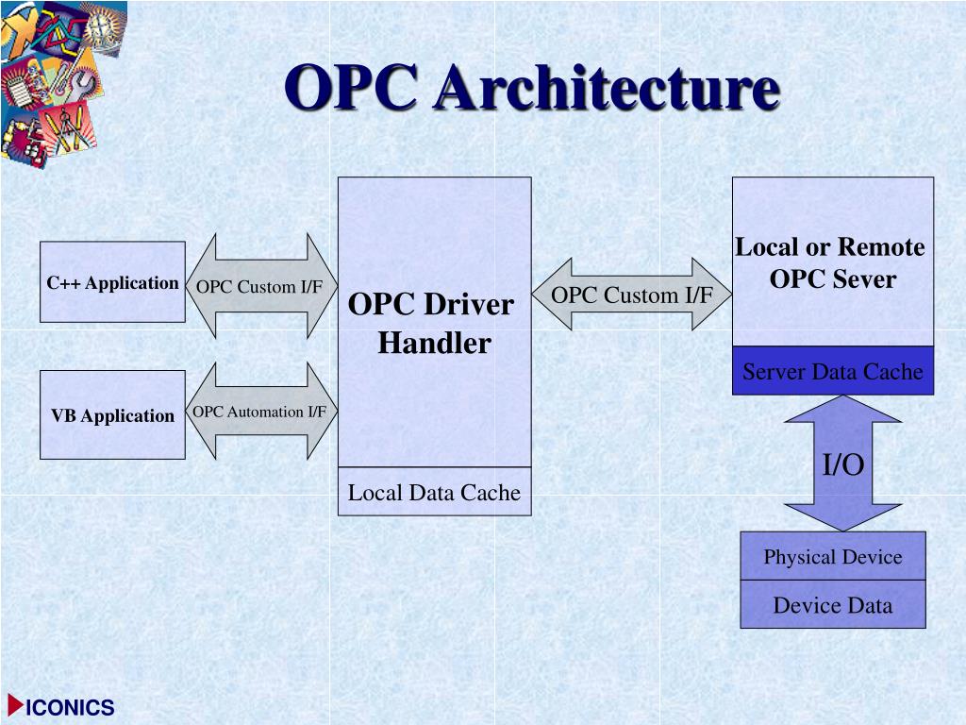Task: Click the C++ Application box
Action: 112,283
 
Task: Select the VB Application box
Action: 112,415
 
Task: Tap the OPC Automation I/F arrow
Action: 260,412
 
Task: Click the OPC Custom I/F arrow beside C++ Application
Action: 260,287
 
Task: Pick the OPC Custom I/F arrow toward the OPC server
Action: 632,295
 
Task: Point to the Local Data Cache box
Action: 434,492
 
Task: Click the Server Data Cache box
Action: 832,371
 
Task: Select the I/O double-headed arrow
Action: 842,464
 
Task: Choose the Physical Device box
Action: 832,556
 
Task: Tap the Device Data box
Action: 832,605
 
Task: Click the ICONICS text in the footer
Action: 71,708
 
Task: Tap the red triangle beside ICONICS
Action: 15,705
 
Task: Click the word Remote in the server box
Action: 881,247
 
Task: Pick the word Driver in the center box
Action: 469,305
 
